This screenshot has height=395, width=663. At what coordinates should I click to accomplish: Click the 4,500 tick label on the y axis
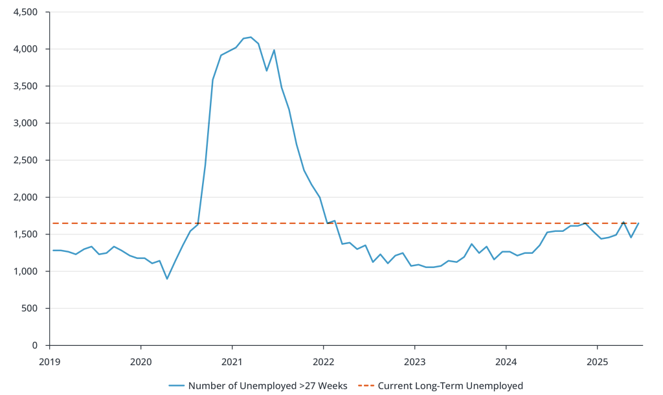click(27, 12)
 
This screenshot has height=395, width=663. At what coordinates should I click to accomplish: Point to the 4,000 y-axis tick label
click(27, 49)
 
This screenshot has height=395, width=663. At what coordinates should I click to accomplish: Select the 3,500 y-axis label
click(27, 86)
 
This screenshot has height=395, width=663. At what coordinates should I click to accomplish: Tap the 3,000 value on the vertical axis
click(27, 123)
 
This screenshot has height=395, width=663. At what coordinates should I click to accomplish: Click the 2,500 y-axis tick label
click(27, 161)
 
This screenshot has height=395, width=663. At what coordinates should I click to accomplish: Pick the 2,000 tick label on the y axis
click(27, 198)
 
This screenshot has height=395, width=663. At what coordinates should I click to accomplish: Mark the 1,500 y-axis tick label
click(27, 234)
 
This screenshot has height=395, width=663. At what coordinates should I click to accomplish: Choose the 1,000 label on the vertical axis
click(27, 271)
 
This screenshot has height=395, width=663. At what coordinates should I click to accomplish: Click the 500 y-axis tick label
click(31, 308)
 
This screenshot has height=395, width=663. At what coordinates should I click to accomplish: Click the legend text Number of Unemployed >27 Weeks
click(267, 386)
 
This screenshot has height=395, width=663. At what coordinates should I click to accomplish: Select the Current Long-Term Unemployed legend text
click(450, 386)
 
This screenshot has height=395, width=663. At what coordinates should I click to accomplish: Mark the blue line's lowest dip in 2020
click(167, 278)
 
